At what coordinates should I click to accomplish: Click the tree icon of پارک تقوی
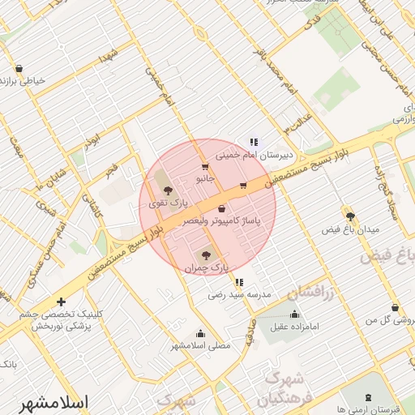168,190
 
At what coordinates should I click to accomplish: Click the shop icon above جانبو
203,168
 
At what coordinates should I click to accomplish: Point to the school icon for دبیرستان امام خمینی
253,142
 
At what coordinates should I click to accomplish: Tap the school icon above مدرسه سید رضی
238,283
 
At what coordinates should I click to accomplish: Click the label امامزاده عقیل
297,327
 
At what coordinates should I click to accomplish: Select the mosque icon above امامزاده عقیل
294,314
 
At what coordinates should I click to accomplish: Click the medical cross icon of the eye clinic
61,302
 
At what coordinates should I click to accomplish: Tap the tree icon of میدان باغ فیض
350,216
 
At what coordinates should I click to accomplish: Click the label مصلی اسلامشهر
201,345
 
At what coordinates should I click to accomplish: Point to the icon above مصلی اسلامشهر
200,333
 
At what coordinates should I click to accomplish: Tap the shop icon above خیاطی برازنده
18,70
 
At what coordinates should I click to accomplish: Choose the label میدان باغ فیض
350,229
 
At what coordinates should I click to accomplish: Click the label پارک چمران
207,266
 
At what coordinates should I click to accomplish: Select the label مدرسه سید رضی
239,295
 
